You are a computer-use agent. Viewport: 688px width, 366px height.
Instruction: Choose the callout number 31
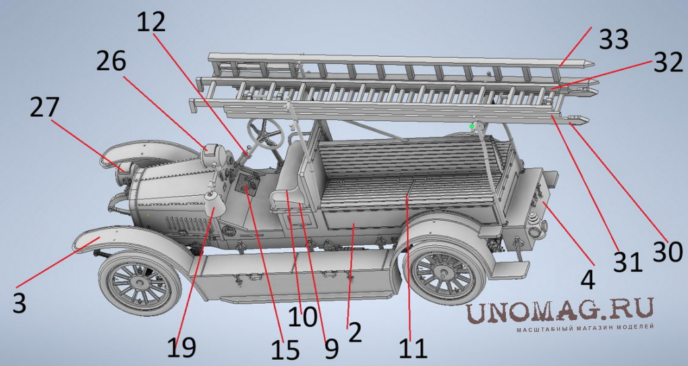pos(627,261)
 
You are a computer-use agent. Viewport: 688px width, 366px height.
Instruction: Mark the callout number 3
pos(19,303)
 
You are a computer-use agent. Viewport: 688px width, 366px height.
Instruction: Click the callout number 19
pos(181,347)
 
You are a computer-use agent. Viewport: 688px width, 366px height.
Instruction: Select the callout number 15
pos(285,350)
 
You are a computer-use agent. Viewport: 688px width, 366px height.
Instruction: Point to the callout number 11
pos(413,348)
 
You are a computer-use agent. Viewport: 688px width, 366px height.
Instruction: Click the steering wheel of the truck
pos(264,132)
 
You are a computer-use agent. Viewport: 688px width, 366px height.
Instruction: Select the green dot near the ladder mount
pos(472,126)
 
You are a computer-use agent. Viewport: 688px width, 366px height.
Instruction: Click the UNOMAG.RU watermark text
pos(560,311)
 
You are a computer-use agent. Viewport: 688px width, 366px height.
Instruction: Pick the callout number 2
pos(355,332)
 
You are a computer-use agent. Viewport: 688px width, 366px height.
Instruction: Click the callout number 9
pos(331,348)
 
